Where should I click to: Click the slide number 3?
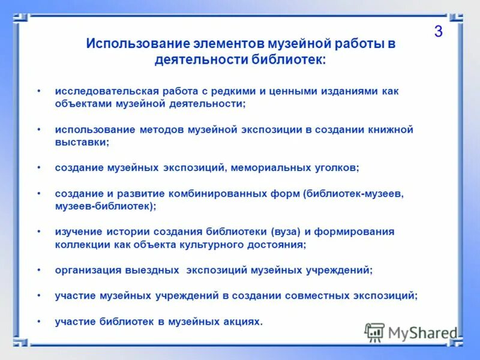tap(438, 32)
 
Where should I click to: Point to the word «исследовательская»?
tap(107, 91)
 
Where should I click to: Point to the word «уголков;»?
tap(338, 168)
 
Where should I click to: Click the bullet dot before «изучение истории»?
tap(39, 232)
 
